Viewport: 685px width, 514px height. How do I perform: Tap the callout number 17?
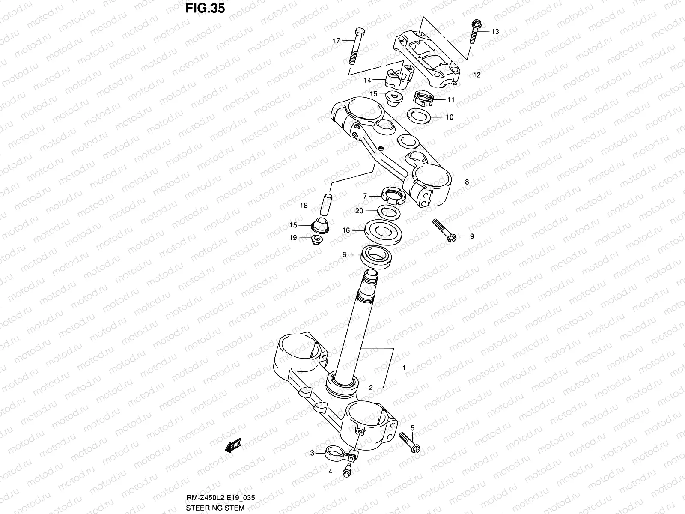tap(336, 41)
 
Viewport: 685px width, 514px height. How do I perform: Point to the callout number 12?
tap(477, 75)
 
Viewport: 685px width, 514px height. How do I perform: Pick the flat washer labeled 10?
tap(419, 116)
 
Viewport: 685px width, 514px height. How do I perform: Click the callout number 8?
tap(467, 182)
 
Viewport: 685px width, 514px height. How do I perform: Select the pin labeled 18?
tap(328, 205)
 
